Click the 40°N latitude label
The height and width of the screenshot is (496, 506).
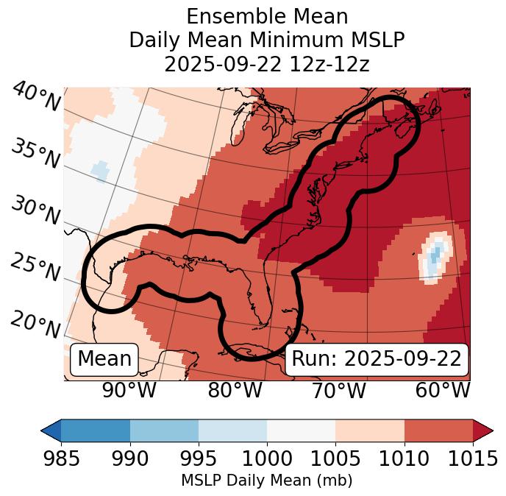(x=35, y=97)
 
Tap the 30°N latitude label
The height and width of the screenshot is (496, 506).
(x=35, y=211)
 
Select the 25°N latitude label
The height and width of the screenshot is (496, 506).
(x=35, y=268)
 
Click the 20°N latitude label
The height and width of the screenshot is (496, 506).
(x=35, y=324)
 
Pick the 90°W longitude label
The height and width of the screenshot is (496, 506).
(x=129, y=391)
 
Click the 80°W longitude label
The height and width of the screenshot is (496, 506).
(x=235, y=391)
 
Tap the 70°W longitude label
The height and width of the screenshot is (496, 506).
(x=338, y=391)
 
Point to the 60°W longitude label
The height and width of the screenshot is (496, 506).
(x=442, y=391)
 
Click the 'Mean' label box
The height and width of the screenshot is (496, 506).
(x=104, y=359)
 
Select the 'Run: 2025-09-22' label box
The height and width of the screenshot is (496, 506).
(x=377, y=359)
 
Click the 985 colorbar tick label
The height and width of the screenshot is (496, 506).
(x=61, y=459)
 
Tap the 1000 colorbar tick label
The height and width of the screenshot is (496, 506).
(x=267, y=459)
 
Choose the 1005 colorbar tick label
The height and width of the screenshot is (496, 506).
(x=335, y=459)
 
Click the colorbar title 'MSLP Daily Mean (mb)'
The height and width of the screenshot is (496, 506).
(x=267, y=481)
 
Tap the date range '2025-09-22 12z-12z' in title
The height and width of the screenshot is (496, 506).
(x=267, y=64)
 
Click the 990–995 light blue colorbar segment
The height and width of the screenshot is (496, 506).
(x=164, y=430)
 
